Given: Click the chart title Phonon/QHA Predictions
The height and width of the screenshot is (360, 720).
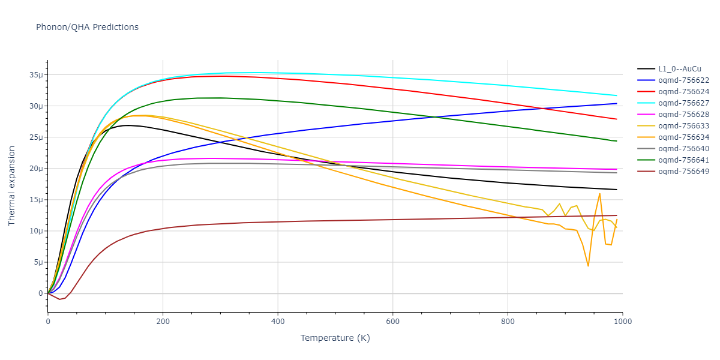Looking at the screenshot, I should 87,27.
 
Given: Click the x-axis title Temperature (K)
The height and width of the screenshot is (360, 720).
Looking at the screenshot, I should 335,338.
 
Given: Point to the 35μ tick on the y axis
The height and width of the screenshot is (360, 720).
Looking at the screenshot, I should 37,75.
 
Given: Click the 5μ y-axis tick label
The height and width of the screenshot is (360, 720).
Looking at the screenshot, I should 39,262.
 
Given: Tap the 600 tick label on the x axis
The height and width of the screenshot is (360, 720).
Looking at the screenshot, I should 392,322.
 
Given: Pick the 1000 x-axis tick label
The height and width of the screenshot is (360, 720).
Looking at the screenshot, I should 622,322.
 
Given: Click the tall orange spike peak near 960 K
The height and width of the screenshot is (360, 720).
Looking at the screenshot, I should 599,193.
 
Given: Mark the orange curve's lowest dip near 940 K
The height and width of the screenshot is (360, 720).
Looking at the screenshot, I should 588,266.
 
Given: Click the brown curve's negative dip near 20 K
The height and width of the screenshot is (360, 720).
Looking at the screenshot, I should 59,299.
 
